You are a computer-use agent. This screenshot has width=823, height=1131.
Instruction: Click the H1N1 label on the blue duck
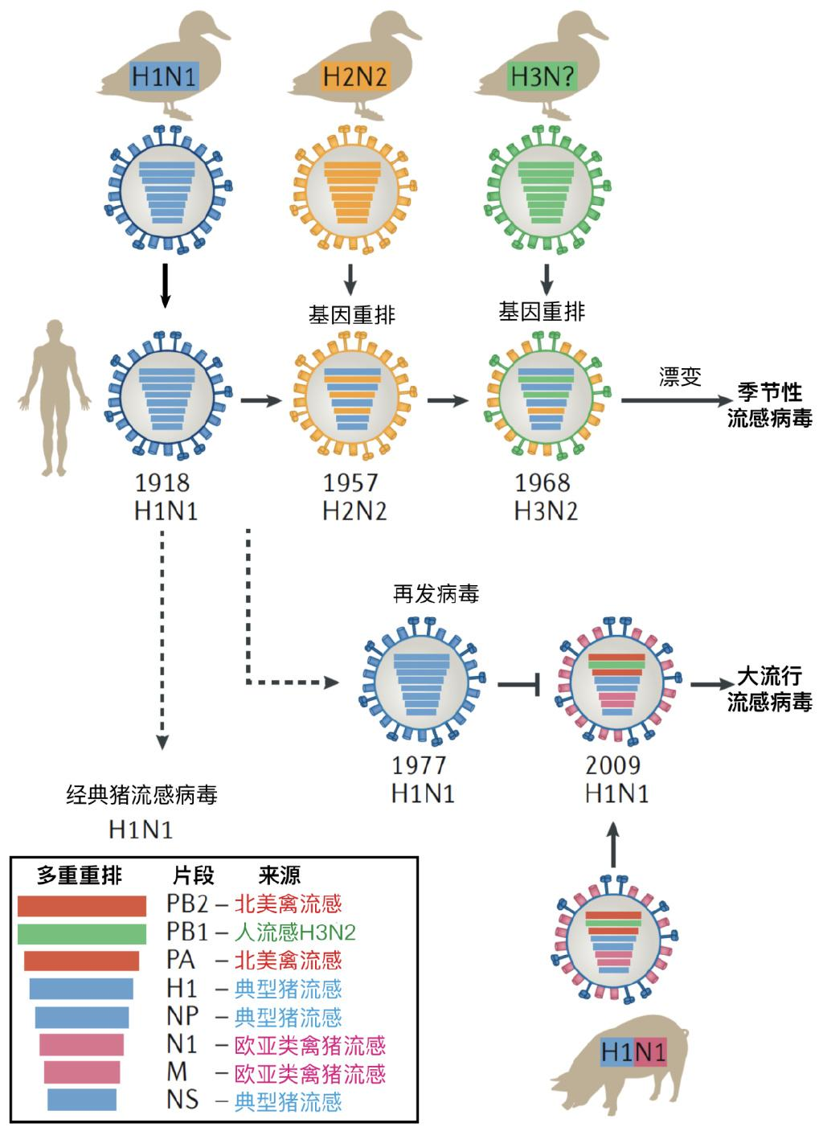click(x=164, y=77)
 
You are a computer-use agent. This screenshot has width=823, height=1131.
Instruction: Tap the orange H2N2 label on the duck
click(x=354, y=77)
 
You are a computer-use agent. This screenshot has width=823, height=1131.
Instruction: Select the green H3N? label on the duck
click(x=543, y=77)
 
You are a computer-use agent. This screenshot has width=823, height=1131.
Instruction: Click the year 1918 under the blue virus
click(x=163, y=483)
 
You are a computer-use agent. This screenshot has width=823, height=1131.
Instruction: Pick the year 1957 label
click(x=351, y=483)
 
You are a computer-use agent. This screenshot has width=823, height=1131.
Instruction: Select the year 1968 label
click(x=543, y=483)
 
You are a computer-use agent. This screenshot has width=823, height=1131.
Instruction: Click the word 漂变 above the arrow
click(x=680, y=378)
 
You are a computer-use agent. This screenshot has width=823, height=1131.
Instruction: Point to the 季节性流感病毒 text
click(x=769, y=405)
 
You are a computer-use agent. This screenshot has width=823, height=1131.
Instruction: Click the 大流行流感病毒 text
click(x=769, y=688)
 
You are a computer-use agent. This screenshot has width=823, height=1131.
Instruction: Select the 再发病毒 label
click(x=436, y=595)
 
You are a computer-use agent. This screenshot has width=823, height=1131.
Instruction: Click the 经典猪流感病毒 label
click(x=141, y=796)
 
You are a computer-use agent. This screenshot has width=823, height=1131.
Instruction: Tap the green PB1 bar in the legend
click(x=82, y=933)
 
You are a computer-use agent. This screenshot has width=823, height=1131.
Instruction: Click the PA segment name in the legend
click(x=181, y=960)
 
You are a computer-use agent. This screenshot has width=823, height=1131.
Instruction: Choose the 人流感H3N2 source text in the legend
click(x=295, y=932)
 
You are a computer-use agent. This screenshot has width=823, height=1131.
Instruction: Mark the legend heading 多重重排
click(x=80, y=876)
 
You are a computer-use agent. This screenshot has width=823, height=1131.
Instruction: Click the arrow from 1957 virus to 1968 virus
click(x=448, y=400)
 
